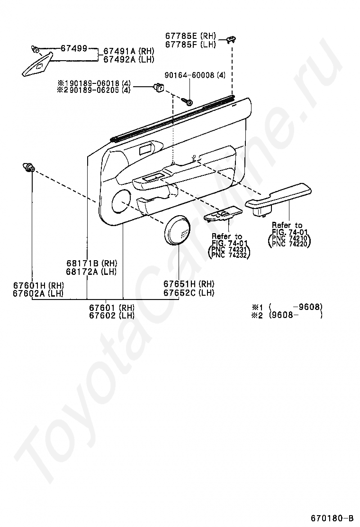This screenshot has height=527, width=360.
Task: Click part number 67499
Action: pyautogui.click(x=73, y=48)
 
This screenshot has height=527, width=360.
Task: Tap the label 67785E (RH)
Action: pyautogui.click(x=190, y=36)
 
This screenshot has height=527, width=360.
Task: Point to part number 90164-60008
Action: pyautogui.click(x=195, y=75)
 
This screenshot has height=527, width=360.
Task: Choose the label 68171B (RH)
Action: pyautogui.click(x=91, y=263)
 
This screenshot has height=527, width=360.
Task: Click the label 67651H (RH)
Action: pyautogui.click(x=189, y=284)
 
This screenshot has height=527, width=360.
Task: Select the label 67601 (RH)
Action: pyautogui.click(x=111, y=308)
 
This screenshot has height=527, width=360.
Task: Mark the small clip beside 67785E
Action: pyautogui.click(x=232, y=39)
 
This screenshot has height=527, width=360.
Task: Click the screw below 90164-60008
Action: pyautogui.click(x=186, y=101)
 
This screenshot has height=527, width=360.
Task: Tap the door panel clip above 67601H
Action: pyautogui.click(x=29, y=167)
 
